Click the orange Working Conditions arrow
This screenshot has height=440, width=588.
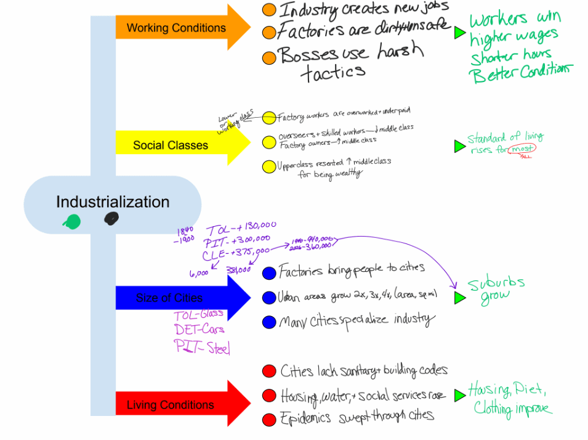(x=179, y=28)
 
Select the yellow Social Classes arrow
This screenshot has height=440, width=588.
(x=179, y=145)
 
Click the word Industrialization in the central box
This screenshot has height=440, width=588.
(x=113, y=202)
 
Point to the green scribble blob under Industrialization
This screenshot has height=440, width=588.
(x=72, y=222)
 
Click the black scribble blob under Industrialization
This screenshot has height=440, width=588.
(x=111, y=218)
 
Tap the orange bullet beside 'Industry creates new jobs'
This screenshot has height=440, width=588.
(x=269, y=10)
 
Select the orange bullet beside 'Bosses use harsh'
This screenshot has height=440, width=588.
(x=269, y=58)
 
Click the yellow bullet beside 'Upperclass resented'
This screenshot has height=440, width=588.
(x=269, y=166)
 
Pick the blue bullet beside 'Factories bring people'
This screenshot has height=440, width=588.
(x=269, y=273)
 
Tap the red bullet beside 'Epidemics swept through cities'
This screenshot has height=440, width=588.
(x=269, y=420)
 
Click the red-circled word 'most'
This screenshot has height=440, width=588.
(x=522, y=149)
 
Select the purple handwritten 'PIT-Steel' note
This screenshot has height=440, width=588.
(x=202, y=347)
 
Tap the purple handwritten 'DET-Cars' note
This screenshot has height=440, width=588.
(x=199, y=329)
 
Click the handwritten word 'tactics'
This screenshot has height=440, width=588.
(x=333, y=73)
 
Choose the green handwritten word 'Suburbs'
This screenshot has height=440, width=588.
(x=496, y=284)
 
